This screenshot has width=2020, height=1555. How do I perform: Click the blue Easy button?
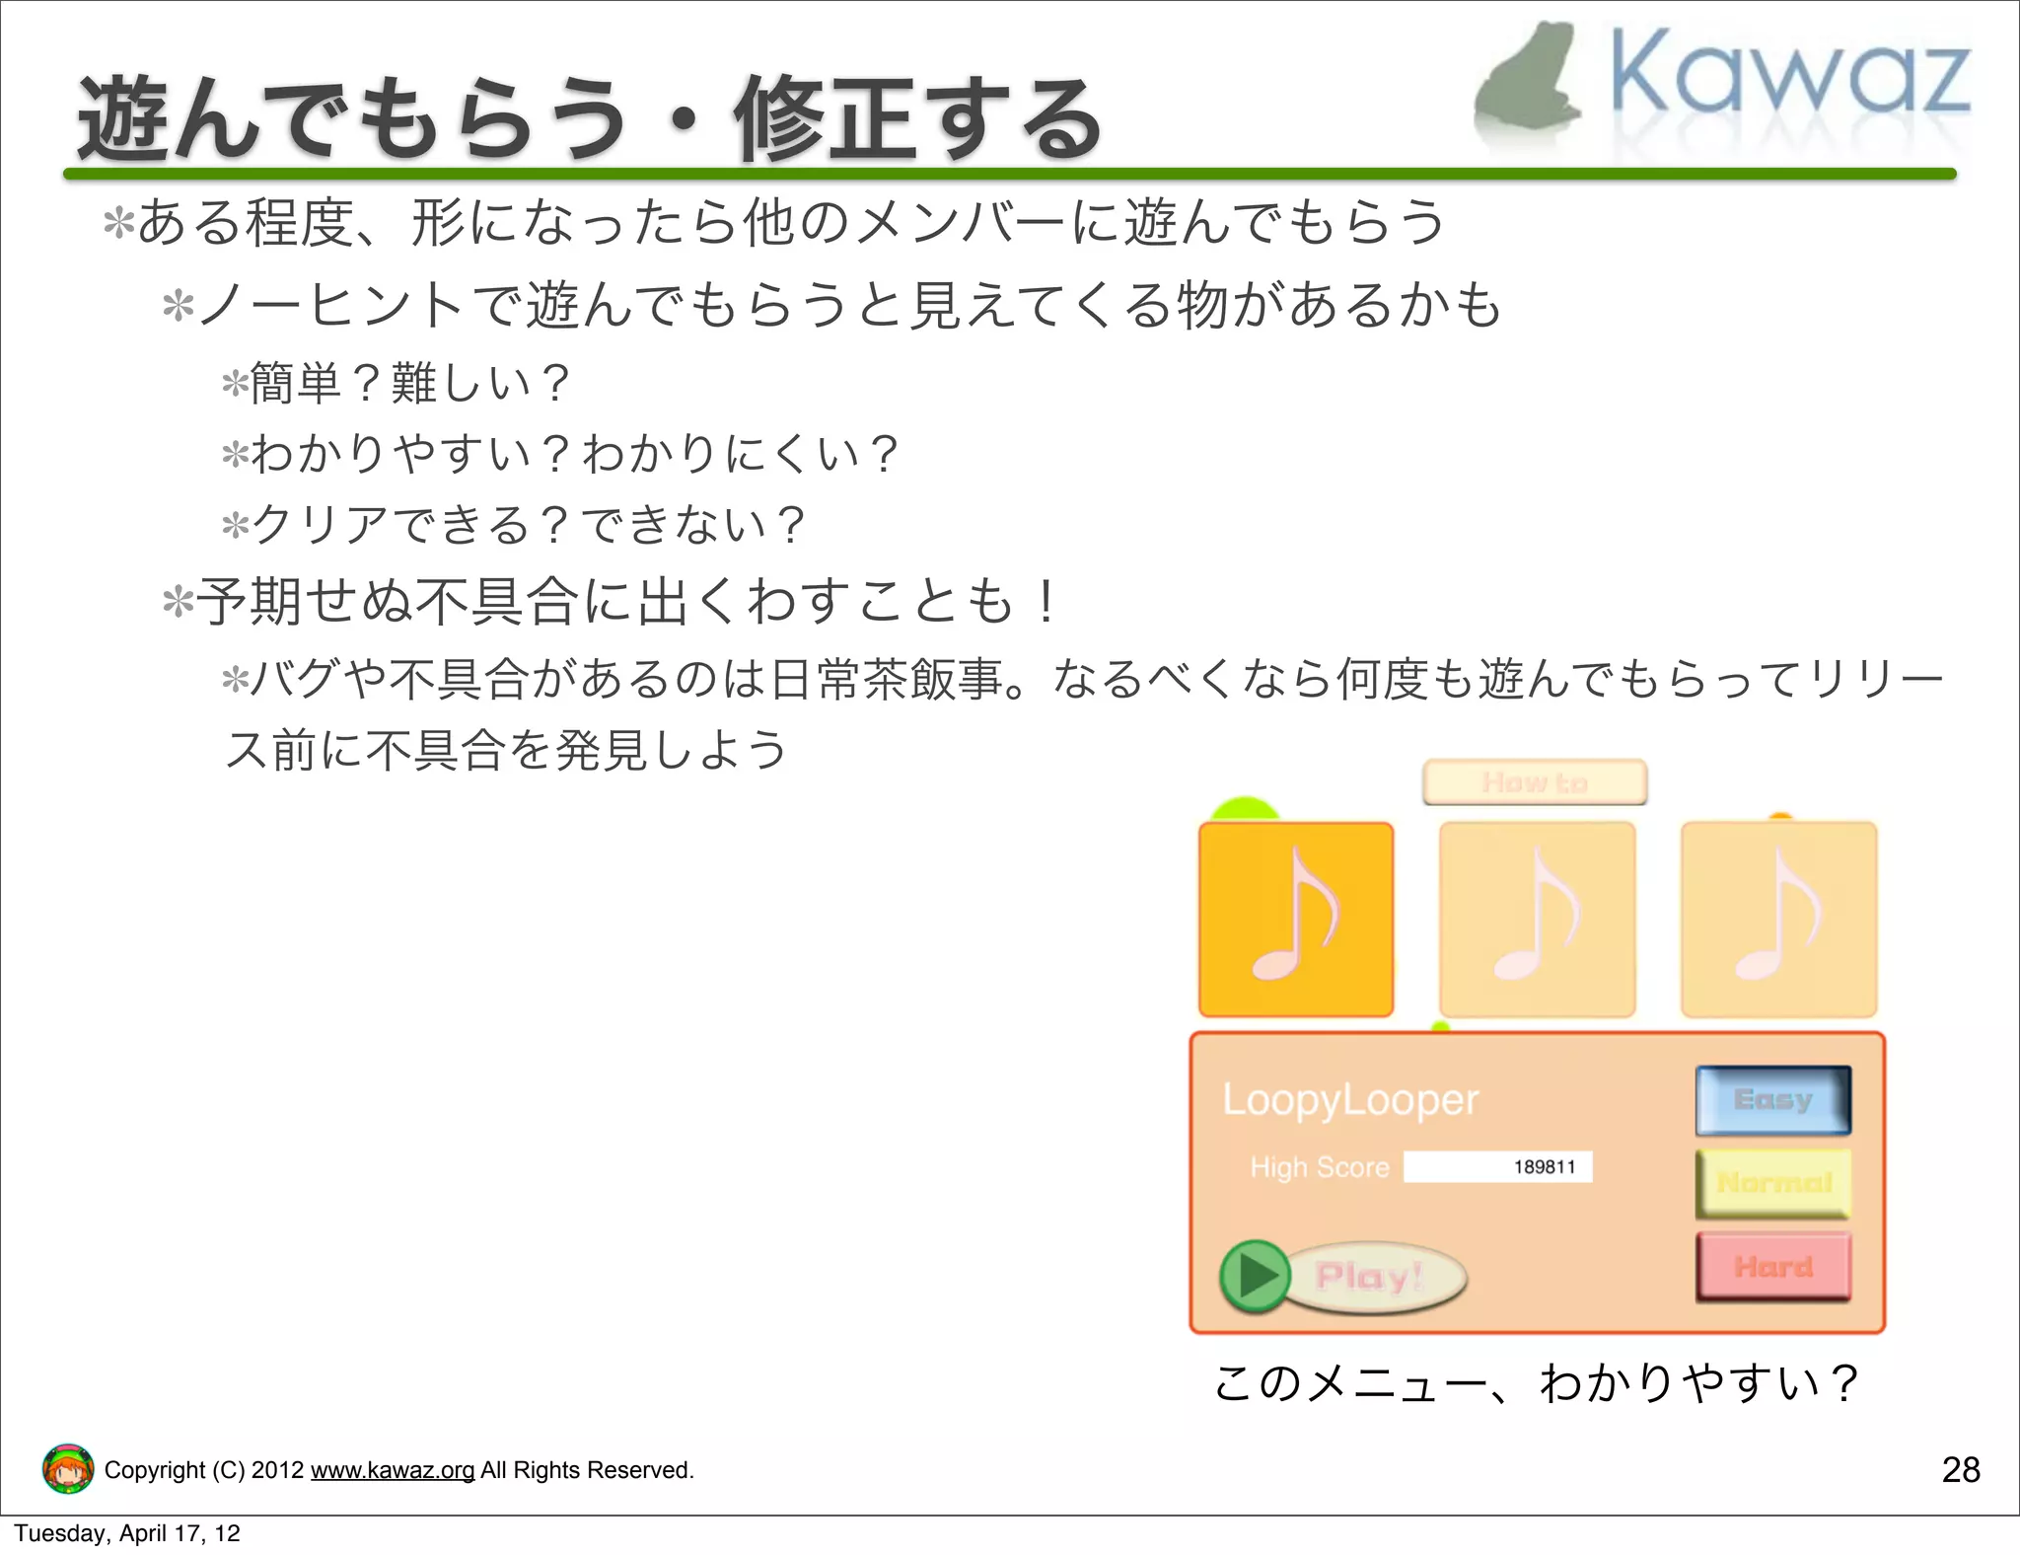point(1772,1099)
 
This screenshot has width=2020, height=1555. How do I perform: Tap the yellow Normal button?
point(1772,1182)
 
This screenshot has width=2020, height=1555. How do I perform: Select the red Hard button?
point(1772,1266)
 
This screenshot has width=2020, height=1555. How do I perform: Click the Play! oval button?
point(1371,1277)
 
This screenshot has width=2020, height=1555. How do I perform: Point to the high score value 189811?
point(1545,1166)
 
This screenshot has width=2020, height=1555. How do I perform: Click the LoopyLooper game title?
point(1350,1099)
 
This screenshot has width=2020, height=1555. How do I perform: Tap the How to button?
point(1534,782)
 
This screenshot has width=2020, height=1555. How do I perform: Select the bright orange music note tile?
point(1295,919)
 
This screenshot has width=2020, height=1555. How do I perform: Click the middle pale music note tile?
point(1537,919)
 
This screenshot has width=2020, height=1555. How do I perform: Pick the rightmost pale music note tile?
point(1778,919)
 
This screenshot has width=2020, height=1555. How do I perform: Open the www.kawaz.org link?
point(393,1470)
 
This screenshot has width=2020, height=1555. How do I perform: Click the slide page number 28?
point(1960,1470)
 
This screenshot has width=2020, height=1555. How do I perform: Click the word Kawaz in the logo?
point(1789,74)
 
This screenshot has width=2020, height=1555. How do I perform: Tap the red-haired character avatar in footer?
point(68,1468)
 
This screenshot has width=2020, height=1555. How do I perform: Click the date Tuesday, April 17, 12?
point(127,1533)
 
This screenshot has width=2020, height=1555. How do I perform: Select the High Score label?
point(1319,1167)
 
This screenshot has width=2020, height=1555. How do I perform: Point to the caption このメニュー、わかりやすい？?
point(1536,1382)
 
